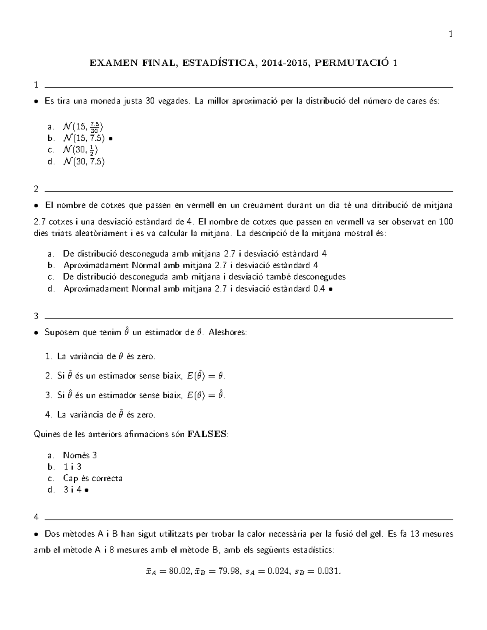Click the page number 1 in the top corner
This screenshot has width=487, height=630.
click(450, 34)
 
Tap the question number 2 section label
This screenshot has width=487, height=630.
click(37, 189)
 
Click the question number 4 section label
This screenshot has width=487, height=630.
click(37, 517)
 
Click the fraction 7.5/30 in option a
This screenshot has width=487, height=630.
click(94, 127)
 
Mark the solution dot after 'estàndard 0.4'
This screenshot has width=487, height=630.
click(331, 289)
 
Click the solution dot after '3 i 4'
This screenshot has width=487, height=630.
click(87, 490)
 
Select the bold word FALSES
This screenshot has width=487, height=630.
click(207, 434)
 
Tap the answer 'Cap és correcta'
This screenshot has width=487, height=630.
click(93, 478)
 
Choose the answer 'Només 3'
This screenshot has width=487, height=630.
click(80, 455)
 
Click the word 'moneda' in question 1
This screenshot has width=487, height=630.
click(104, 101)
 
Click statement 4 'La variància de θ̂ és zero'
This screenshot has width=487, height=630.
click(106, 415)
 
